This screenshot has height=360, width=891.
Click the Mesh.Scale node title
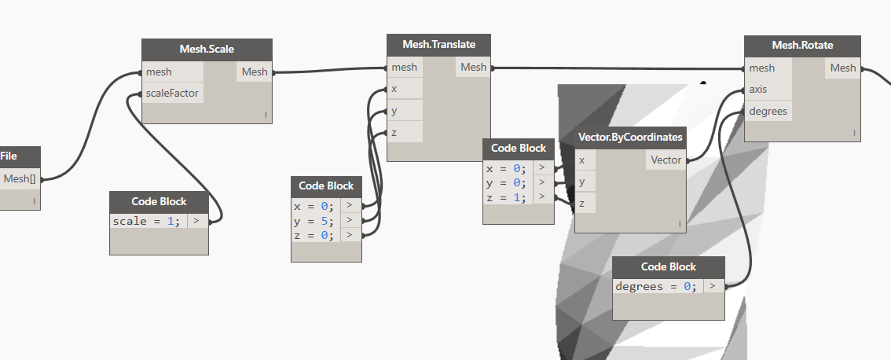[x=207, y=50]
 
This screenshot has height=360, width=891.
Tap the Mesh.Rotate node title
[x=801, y=45]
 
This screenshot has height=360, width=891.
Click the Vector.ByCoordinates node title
[x=630, y=137]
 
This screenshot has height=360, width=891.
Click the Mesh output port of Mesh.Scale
[x=255, y=72]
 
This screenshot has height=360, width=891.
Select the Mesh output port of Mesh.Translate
[x=473, y=67]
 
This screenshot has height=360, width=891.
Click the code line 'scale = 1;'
[x=146, y=221]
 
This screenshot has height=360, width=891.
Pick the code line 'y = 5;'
[x=313, y=220]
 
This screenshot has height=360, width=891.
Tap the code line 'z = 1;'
[x=505, y=197]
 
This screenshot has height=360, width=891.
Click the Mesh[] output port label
[x=20, y=178]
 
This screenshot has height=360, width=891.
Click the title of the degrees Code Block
[x=668, y=266]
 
